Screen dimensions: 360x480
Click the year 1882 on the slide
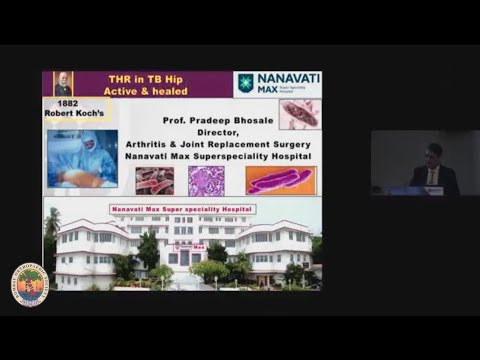pos(68,102)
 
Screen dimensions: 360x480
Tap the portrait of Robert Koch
pos(62,84)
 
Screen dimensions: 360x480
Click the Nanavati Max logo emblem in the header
pos(245,83)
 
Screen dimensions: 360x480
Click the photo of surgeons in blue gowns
pos(81,159)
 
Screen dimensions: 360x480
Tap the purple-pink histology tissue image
pos(206,181)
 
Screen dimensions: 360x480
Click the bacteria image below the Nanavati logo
pos(299,113)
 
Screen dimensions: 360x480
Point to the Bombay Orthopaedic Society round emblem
pos(29,283)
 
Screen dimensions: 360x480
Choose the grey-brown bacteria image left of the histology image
pos(154,181)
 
